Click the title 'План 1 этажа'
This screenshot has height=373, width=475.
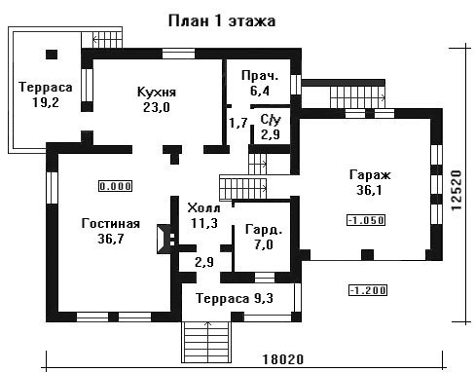(x=222, y=21)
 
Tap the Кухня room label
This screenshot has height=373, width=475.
(x=157, y=92)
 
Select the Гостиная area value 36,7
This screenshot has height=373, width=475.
(x=111, y=239)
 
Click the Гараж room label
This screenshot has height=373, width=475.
(x=370, y=175)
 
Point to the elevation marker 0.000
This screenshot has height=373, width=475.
(x=116, y=186)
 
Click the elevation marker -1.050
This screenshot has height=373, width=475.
(x=366, y=220)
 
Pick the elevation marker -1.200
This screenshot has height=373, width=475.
(x=368, y=290)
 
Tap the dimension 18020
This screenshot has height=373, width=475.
(x=282, y=359)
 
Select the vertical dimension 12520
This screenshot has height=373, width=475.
(x=456, y=190)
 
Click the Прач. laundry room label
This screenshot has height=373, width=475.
(x=260, y=76)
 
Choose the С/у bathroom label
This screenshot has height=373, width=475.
(x=271, y=120)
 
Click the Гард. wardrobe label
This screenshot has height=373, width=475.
(x=264, y=230)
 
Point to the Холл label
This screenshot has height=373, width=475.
(x=203, y=207)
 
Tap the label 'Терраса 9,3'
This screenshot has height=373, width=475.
(x=235, y=298)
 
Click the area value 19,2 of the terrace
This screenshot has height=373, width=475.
(x=46, y=102)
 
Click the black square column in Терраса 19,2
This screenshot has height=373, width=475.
(x=52, y=55)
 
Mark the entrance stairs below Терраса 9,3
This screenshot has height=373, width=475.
(x=206, y=342)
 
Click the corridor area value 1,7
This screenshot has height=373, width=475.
(x=238, y=123)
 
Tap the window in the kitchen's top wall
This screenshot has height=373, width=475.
(x=178, y=54)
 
